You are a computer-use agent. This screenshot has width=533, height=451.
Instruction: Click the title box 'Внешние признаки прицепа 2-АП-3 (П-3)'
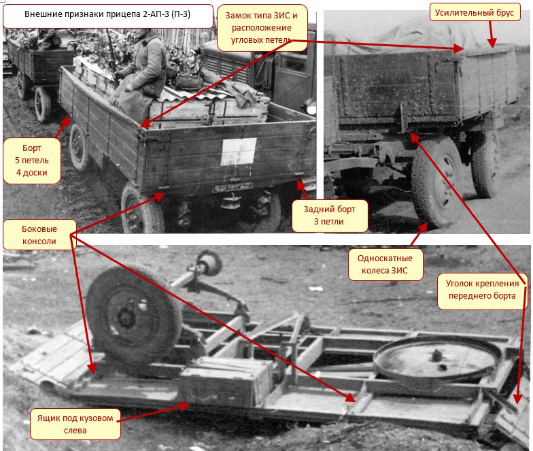tap(107, 16)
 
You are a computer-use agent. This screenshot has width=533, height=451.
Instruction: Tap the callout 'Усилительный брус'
tap(475, 12)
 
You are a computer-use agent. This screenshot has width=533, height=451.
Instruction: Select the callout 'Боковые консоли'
tap(39, 235)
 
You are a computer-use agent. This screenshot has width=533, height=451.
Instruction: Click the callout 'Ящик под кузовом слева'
tap(75, 424)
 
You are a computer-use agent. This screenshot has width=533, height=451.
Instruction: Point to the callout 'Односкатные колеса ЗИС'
tap(385, 264)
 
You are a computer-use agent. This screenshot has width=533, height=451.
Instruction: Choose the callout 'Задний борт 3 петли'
tap(329, 216)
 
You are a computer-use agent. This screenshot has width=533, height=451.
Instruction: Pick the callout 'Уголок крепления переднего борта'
tap(482, 290)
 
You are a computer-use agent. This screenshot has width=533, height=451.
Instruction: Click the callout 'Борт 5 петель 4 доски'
tap(32, 161)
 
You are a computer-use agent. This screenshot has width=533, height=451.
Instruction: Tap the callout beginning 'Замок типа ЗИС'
tap(262, 27)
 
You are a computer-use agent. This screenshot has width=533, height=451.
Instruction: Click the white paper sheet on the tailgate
tap(239, 152)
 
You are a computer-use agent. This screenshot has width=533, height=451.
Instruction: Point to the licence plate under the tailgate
tap(233, 186)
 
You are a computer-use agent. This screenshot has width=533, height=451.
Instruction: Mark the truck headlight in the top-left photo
tap(310, 106)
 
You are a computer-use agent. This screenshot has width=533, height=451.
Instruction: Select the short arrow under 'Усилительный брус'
tap(491, 34)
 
